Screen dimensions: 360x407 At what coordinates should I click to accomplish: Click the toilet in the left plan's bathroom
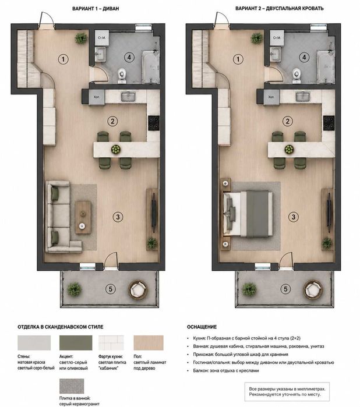point(122,75)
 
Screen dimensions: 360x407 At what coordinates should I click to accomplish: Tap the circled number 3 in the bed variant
point(294,217)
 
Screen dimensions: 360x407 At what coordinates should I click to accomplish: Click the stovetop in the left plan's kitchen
point(154,123)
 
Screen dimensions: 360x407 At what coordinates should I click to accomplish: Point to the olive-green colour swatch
point(76,342)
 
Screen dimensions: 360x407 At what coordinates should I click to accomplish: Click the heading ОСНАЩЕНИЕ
point(202,327)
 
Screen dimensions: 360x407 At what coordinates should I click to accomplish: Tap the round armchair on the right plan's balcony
point(313,290)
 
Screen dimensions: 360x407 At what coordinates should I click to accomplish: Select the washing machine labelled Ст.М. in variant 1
point(102,38)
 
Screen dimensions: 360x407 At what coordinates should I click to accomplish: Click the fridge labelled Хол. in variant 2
point(271,98)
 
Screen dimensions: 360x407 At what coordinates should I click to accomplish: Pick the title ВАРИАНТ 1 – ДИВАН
point(96,9)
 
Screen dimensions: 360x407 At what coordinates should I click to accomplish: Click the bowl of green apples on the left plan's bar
point(116,149)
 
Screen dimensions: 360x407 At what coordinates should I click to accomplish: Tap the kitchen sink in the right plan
point(303,97)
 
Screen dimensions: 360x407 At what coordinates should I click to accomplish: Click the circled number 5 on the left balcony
point(111,289)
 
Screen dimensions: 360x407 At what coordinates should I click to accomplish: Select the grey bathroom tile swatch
point(72,386)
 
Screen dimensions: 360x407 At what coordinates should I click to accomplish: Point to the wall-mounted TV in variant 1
point(154,213)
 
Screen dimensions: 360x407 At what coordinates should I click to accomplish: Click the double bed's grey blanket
point(257,214)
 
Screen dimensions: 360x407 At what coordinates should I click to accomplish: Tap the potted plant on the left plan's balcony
point(75,289)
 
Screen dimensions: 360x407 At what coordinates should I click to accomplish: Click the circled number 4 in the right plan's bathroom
point(305,57)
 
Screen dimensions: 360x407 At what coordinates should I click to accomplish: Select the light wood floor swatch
point(149,342)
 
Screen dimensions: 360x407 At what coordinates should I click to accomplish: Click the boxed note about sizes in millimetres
point(287,392)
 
